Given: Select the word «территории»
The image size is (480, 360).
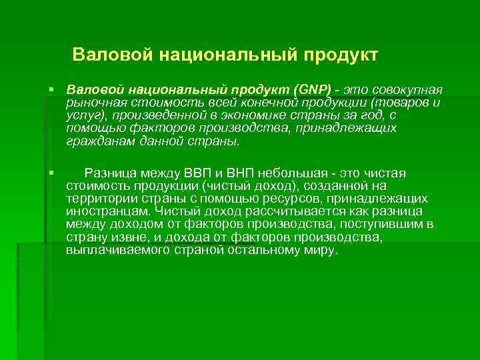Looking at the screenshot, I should click(x=99, y=199).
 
